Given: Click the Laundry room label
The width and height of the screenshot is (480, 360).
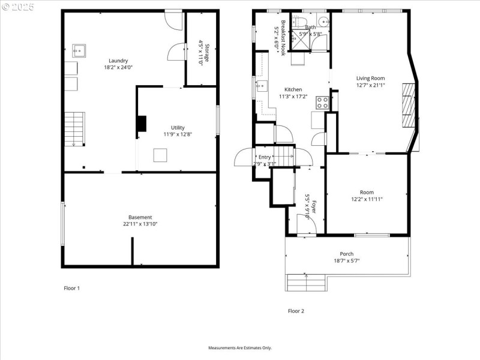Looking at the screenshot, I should click(118, 61).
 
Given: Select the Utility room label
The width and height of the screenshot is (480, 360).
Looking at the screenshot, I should click(178, 127).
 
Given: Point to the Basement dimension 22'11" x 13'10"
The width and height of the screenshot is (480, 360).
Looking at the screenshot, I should click(140, 224).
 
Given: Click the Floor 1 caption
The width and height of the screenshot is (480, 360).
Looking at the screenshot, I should click(72, 289).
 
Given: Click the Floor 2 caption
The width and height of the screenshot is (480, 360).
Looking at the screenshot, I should click(296, 311).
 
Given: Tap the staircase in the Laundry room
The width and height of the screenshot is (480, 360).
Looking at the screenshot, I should click(74, 129).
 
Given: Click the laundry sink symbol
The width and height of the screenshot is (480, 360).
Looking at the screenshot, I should click(79, 50).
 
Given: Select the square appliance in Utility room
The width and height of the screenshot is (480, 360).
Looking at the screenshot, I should click(160, 155).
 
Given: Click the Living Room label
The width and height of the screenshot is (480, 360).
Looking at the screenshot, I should click(370, 78).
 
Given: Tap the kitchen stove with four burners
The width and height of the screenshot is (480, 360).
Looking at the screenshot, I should click(322, 103).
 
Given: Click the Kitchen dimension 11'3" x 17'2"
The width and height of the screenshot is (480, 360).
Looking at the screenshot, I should click(293, 97).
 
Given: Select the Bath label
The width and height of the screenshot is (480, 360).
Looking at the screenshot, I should click(310, 27).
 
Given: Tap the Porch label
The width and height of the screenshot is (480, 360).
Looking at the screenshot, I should click(347, 254).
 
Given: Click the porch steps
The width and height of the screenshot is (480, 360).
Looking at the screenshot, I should click(306, 282).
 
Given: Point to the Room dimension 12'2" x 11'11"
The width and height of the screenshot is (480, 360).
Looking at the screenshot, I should click(367, 199).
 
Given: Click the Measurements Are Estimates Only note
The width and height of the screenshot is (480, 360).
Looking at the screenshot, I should click(240, 348).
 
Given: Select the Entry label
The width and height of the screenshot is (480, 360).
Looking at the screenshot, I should click(265, 157).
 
